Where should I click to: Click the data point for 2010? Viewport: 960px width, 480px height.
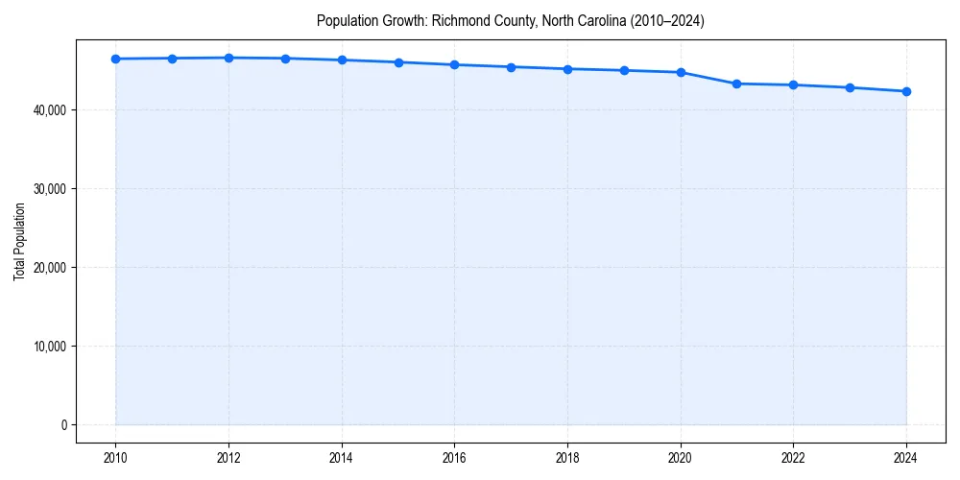tap(115, 59)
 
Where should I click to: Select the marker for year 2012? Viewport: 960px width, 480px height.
tap(228, 58)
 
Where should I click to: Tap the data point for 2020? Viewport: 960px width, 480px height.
tap(681, 72)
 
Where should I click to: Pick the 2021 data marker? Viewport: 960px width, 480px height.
tap(736, 84)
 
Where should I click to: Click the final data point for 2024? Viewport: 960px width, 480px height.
tap(906, 91)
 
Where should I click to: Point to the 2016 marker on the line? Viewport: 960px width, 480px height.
tap(454, 64)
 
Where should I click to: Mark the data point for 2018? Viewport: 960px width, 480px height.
tap(567, 69)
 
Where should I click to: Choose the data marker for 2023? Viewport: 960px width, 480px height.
tap(850, 87)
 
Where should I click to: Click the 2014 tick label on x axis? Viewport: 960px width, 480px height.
tap(342, 458)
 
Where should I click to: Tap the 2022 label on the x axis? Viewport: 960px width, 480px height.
tap(793, 458)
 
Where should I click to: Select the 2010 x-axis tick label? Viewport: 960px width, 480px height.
tap(115, 458)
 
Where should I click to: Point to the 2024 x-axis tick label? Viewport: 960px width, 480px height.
tap(906, 458)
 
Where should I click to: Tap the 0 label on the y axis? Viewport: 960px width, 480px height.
tap(63, 425)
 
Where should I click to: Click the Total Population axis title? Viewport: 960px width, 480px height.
tap(19, 241)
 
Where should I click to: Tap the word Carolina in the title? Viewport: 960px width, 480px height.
tap(594, 21)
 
